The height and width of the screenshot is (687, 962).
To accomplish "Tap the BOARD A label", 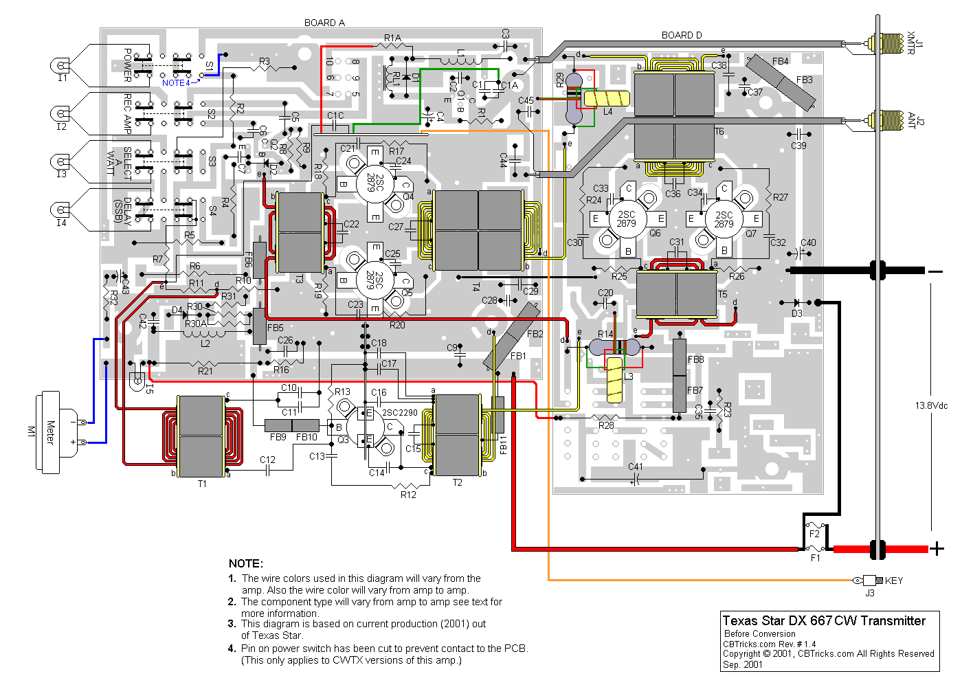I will (324, 23).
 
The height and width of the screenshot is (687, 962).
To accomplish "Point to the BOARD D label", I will (682, 35).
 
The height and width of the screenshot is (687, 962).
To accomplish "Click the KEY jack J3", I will (871, 581).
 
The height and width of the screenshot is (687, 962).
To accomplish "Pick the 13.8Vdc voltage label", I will (931, 405).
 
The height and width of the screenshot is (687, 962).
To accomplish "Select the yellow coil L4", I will (607, 99).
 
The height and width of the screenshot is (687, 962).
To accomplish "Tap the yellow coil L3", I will (615, 379).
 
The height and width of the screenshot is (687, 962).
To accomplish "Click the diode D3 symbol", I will (797, 302).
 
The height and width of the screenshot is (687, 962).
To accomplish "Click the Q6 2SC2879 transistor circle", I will (627, 219).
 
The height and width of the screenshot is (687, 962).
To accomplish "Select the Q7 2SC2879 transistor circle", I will (724, 219).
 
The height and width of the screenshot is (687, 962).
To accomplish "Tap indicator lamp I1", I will (61, 67).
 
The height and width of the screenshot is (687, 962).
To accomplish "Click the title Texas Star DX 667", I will (824, 620).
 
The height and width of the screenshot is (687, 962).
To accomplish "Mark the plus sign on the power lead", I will (937, 548).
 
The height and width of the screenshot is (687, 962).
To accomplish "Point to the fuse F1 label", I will (815, 558).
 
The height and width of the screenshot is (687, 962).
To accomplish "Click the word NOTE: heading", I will (245, 563).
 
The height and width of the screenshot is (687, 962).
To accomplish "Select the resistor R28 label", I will (606, 426).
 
